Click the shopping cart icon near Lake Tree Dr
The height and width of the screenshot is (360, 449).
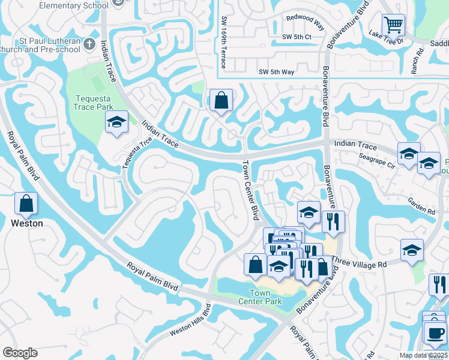point(393,25)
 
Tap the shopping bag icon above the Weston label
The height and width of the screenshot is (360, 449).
point(26,204)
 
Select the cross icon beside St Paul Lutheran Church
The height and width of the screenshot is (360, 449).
point(89,44)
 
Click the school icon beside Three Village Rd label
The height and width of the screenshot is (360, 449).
point(412,250)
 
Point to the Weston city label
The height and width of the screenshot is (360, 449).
point(27,223)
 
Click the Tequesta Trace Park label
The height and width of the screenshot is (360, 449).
point(94,103)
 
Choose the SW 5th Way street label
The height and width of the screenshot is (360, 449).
point(276,72)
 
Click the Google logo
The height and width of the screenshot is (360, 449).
point(20,353)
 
